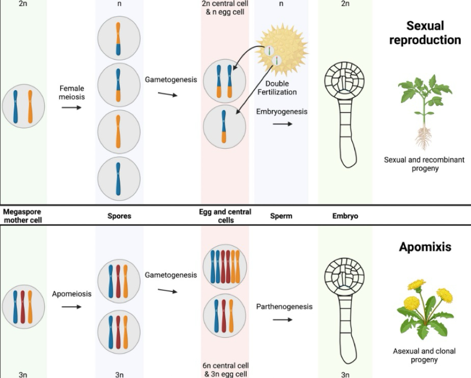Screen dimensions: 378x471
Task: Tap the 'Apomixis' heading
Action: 425,247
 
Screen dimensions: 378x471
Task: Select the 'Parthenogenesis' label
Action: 284,307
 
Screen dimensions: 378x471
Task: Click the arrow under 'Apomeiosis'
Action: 71,307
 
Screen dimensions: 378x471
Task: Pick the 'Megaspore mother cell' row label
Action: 23,215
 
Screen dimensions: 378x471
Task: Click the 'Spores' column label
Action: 119,215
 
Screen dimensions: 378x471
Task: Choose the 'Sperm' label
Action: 281,215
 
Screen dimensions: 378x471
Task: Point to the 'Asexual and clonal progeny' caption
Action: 424,355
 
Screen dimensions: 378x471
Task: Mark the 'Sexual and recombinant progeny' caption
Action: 424,164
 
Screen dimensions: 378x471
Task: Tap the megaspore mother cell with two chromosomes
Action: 23,107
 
